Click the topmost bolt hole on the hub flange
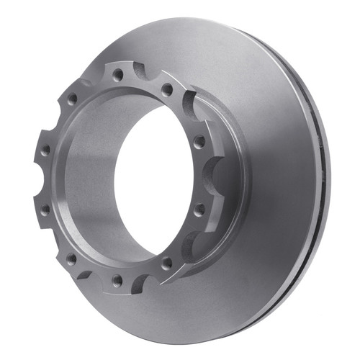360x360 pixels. (117, 73)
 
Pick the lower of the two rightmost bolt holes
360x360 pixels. (199, 209)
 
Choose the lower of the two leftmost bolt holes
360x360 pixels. (45, 210)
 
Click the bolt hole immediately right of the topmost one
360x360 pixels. (167, 89)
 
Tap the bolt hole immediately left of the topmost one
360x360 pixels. (72, 100)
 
